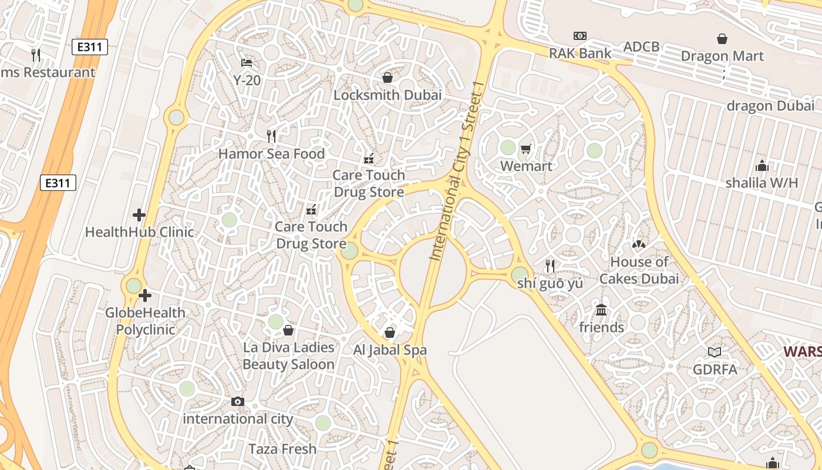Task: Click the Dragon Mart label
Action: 722,56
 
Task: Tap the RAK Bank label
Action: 580,53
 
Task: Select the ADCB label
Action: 642,46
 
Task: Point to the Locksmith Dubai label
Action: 388,95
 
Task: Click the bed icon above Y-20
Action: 247,62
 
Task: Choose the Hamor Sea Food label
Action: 271,154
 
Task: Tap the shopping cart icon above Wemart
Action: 525,149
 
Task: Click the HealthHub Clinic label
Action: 139,232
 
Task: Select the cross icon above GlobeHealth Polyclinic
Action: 145,296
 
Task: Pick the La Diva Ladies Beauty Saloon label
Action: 288,355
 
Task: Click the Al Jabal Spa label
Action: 389,350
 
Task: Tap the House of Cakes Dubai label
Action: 639,270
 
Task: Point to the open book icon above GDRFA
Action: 714,352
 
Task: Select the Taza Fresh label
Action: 282,449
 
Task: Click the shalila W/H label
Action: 762,183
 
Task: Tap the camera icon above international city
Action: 237,402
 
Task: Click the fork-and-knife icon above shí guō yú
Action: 550,266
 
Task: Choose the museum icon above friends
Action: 601,310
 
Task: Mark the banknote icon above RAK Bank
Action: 580,36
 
